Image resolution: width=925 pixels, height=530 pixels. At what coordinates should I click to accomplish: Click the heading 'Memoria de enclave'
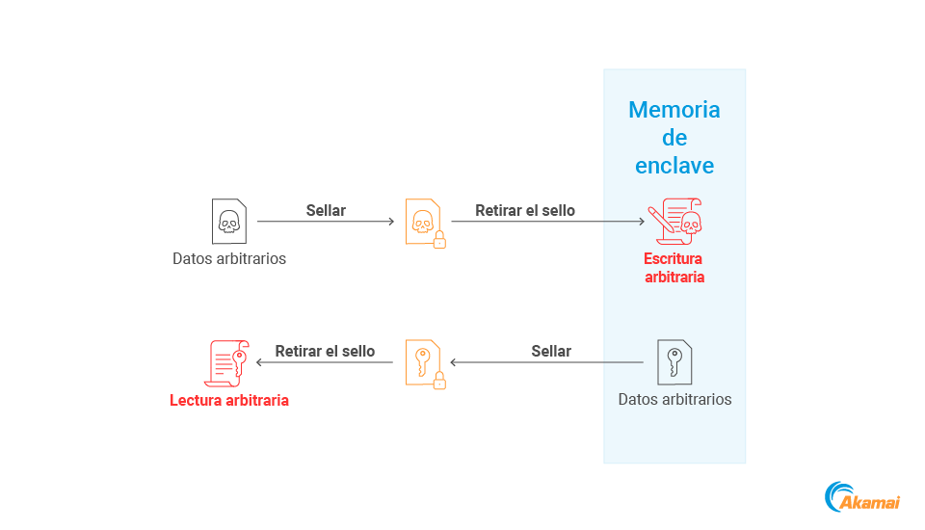coord(674,138)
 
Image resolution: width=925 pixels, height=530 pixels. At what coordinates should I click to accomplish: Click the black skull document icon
coord(228,222)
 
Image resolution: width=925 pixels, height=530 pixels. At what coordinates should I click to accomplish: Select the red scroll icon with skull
coord(675,222)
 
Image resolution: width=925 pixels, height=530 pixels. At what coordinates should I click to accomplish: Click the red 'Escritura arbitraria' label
coord(674,268)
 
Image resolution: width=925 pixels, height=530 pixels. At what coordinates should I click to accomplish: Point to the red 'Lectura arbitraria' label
coord(229,400)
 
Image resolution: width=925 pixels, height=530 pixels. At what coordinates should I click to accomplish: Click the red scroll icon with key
coord(228,363)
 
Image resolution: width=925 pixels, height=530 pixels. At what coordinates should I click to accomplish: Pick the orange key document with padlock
coord(424,364)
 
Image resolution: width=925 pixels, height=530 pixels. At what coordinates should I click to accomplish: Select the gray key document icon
coord(674,363)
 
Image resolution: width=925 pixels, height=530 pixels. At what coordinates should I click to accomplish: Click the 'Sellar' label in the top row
coord(326,210)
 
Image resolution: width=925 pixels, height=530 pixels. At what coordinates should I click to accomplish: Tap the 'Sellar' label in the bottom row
coord(551,352)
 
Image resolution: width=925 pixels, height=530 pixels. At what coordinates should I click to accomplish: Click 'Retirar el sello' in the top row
coord(525,210)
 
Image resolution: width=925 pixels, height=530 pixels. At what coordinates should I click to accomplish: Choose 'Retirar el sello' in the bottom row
coord(325,352)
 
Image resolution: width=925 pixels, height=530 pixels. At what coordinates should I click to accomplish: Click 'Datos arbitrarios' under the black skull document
coord(229,258)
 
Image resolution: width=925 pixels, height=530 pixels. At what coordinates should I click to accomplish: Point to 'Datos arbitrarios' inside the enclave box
coord(674,399)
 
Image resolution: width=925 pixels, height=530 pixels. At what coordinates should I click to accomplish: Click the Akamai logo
coord(862,497)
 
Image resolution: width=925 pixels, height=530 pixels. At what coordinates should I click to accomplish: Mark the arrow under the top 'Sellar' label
coord(326,222)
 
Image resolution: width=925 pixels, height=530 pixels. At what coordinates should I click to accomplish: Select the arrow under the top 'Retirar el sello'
coord(547,222)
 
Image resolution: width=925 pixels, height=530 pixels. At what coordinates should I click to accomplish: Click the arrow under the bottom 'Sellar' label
coord(546,363)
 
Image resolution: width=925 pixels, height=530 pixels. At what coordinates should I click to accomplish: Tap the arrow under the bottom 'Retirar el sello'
coord(325,363)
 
